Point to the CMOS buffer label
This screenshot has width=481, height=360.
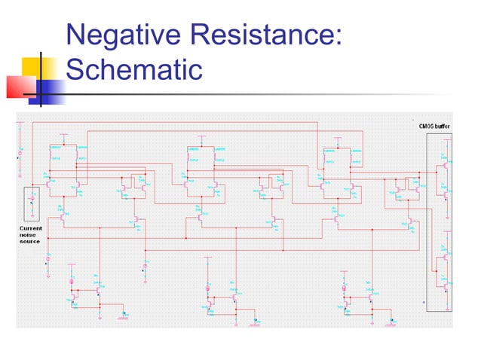[x=435, y=126]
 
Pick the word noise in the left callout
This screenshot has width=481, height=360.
[x=29, y=234]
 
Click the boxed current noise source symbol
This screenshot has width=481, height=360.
[x=31, y=202]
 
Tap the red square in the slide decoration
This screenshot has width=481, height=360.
[x=20, y=86]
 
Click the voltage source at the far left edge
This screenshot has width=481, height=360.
[x=20, y=155]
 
